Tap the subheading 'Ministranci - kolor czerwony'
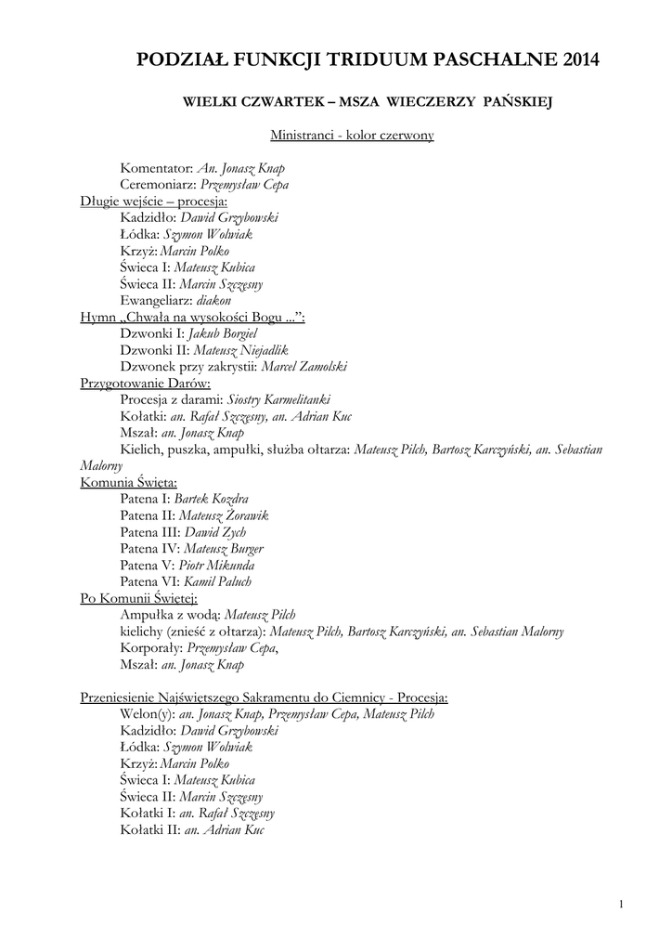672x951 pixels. point(352,136)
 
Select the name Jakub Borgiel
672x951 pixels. point(223,333)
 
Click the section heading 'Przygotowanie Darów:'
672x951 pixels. point(146,383)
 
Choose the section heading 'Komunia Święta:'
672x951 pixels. point(129,483)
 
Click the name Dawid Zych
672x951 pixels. point(214,532)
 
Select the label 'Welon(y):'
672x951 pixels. point(147,714)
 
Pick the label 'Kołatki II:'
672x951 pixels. point(149,830)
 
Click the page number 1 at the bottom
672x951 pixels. point(620,904)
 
